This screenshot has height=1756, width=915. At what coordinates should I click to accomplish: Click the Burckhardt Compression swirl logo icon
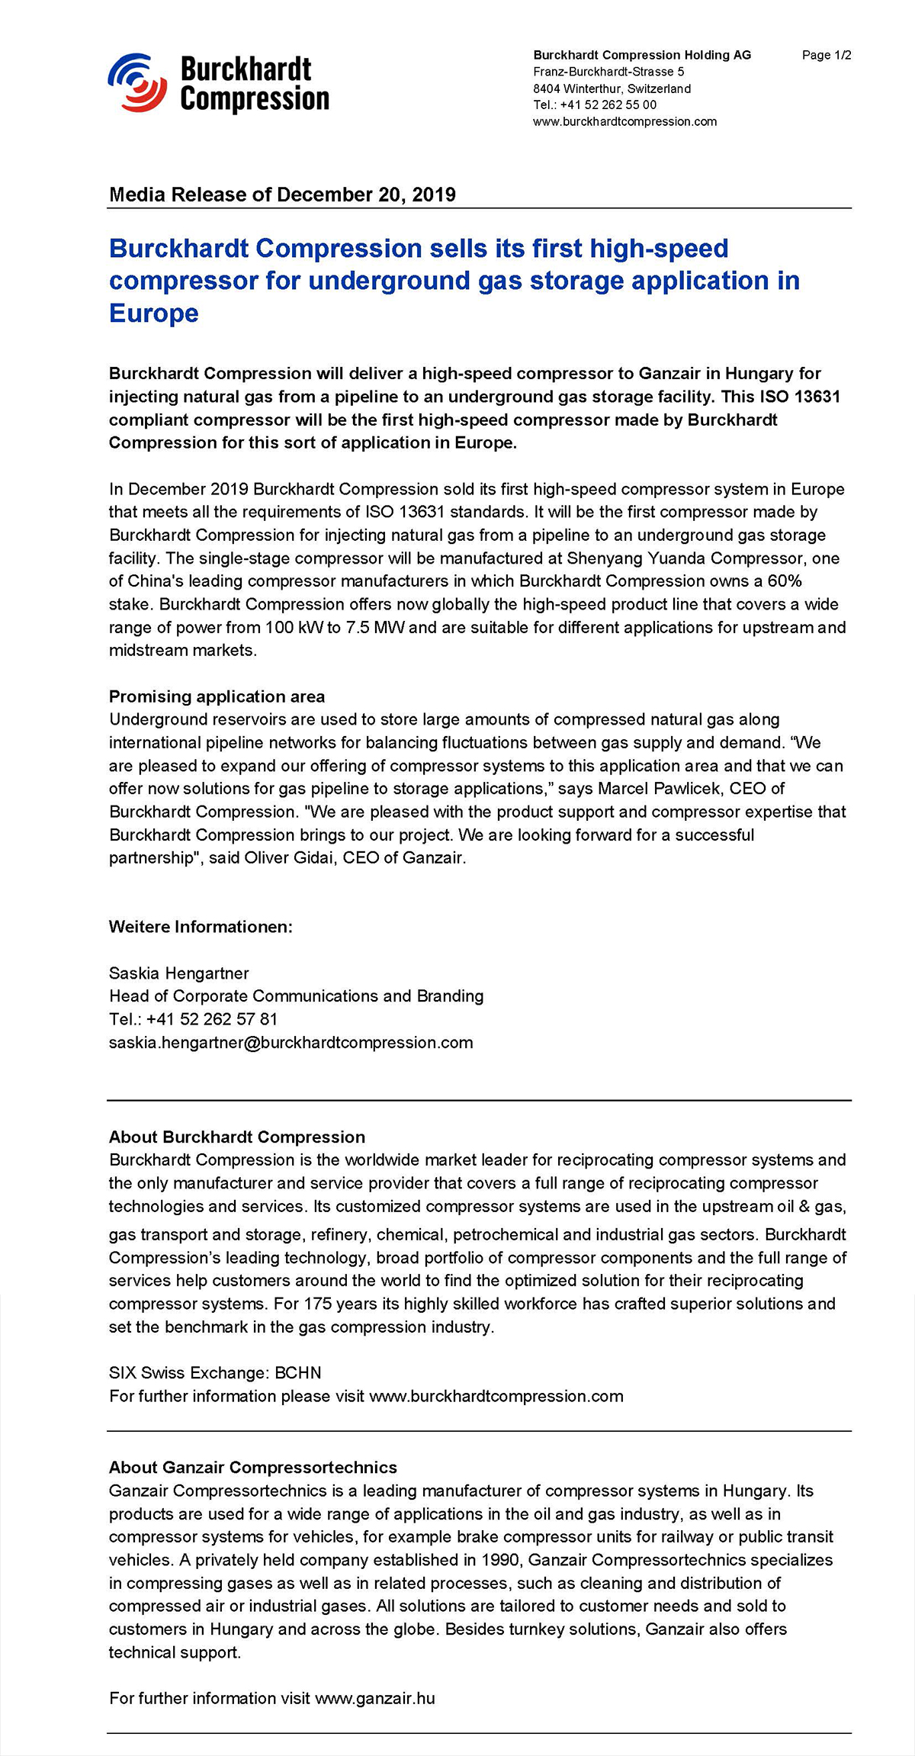coord(137,82)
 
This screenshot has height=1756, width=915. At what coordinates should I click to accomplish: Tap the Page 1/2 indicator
coord(827,55)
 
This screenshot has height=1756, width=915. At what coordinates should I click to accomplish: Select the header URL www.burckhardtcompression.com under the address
coord(624,122)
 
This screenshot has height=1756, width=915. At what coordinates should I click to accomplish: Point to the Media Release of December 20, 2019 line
coord(282,195)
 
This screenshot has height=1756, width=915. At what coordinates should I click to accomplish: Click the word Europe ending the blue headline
coord(153,314)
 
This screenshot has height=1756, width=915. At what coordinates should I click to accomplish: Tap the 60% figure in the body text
coord(785,581)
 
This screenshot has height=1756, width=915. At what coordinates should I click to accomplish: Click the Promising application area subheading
coord(217,696)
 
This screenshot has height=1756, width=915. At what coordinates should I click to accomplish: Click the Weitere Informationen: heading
coord(201,927)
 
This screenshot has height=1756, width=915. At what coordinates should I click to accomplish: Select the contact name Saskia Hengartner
coord(178,973)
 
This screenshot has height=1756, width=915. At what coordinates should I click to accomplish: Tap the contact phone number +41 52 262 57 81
coord(212,1020)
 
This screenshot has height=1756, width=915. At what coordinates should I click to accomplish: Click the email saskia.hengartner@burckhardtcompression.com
coord(291,1043)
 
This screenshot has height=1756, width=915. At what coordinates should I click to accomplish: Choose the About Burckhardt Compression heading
coord(236,1137)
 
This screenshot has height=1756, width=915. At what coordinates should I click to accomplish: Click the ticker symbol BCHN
coord(298,1373)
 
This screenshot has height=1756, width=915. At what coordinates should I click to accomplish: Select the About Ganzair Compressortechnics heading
coord(252,1468)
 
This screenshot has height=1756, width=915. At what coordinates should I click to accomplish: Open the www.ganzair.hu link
coord(374,1698)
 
